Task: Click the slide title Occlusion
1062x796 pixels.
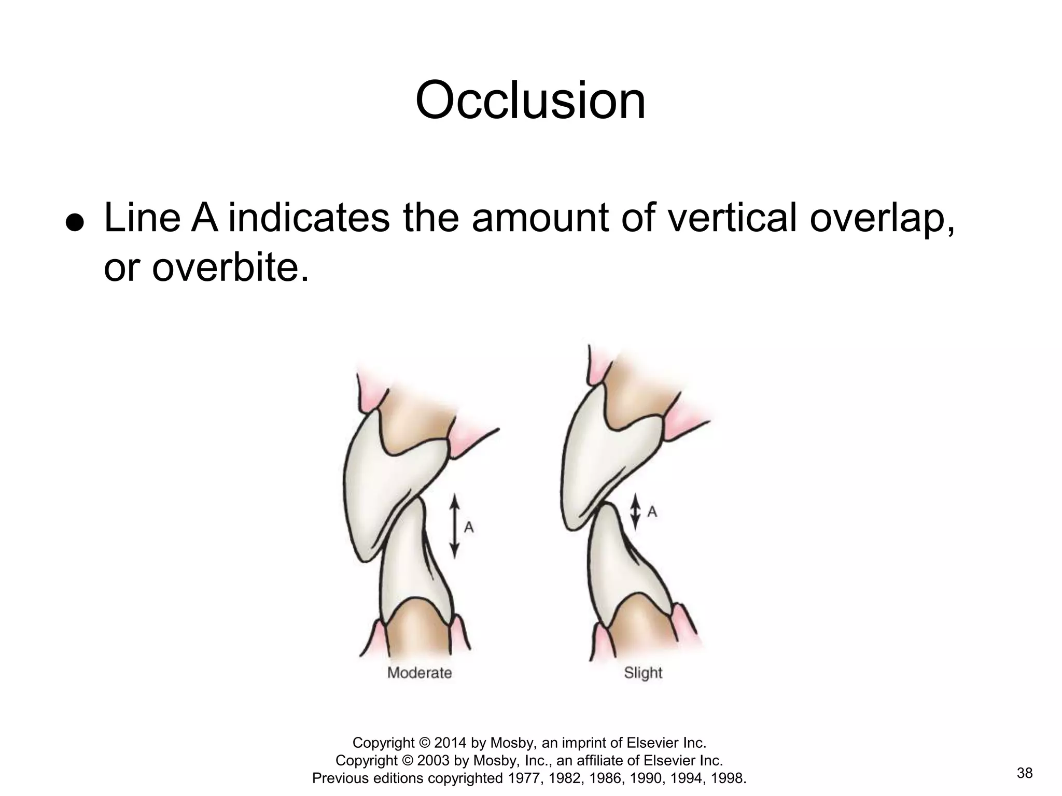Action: (530, 101)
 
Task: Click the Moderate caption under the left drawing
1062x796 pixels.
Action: (420, 673)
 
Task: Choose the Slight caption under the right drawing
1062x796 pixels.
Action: (643, 673)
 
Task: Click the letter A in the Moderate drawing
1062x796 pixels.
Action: (469, 528)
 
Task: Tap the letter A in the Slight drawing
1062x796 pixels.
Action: (652, 512)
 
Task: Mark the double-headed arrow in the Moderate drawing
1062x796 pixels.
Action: (454, 527)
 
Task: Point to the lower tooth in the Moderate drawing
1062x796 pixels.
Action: (410, 575)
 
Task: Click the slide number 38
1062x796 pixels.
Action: (1025, 774)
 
